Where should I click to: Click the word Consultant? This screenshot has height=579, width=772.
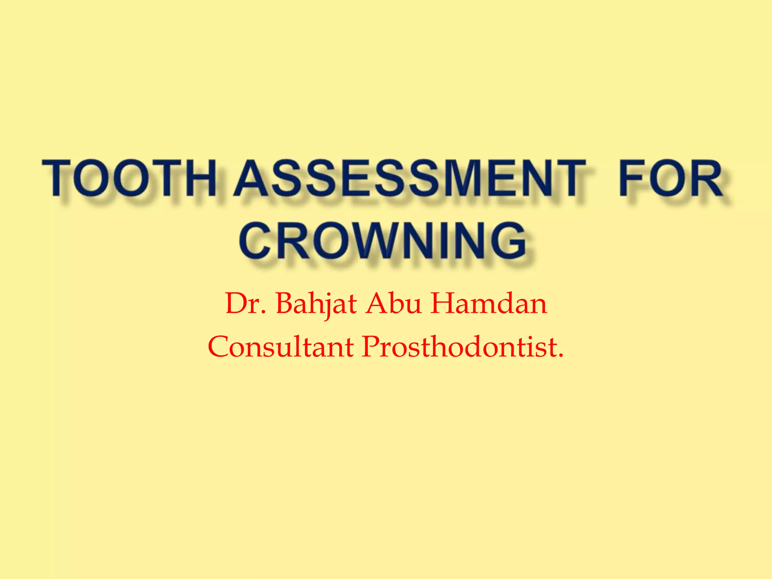tap(280, 347)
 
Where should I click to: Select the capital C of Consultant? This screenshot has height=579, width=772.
tap(219, 347)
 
